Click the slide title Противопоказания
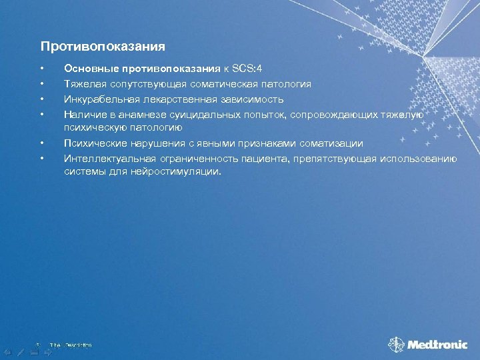point(103,47)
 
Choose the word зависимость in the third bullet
point(256,99)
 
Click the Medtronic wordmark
point(438,345)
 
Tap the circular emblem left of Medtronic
point(397,345)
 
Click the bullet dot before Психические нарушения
point(41,143)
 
